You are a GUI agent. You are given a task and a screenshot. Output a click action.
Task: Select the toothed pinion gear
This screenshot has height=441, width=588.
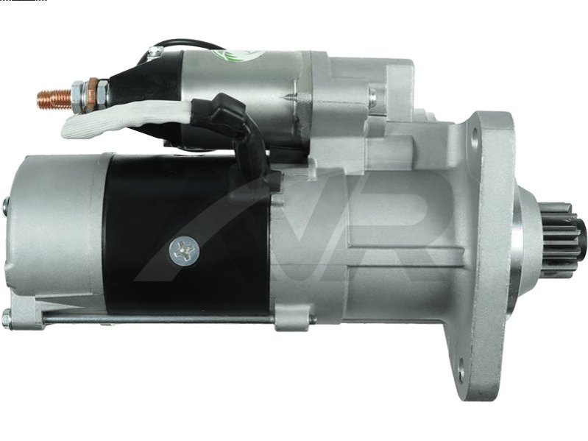559,241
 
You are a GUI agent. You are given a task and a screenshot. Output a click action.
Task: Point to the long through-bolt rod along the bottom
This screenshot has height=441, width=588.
157,319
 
